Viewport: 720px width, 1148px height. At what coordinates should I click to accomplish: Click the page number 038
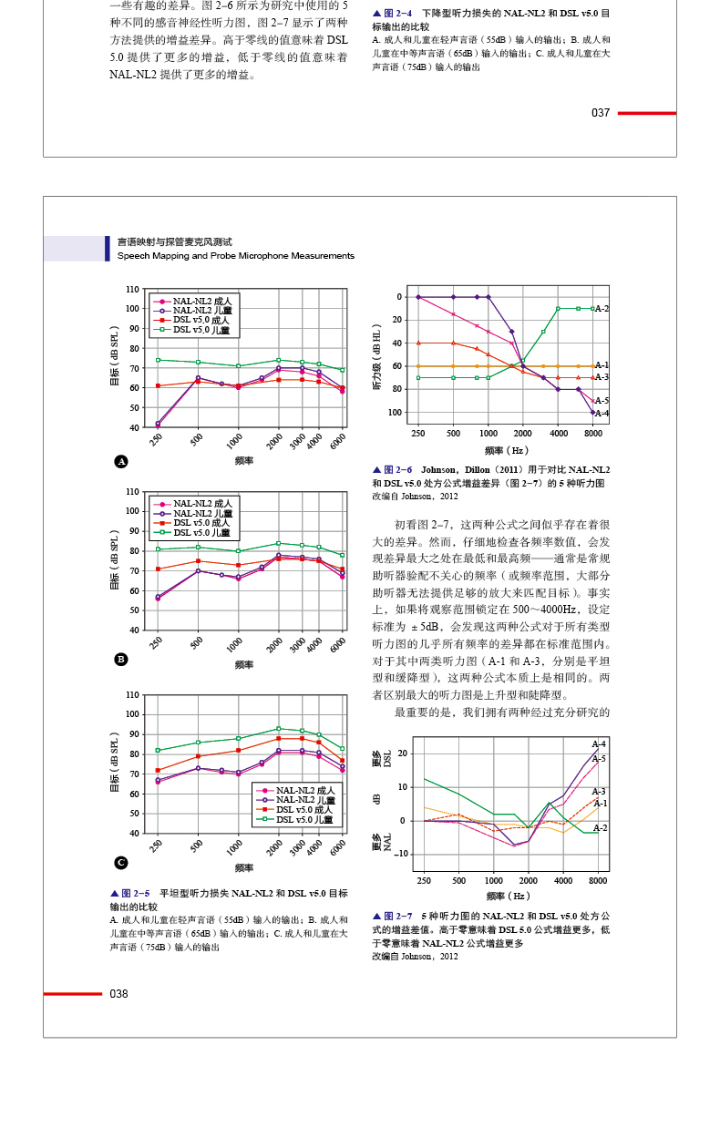pyautogui.click(x=118, y=994)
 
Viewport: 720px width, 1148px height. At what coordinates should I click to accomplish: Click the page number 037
pyautogui.click(x=601, y=113)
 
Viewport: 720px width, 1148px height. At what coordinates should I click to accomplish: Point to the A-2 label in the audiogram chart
pyautogui.click(x=602, y=309)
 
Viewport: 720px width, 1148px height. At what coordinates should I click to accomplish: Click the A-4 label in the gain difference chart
pyautogui.click(x=599, y=744)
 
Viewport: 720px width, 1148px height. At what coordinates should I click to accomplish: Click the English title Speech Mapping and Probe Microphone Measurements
pyautogui.click(x=235, y=256)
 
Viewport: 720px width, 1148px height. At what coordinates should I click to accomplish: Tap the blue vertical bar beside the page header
pyautogui.click(x=107, y=248)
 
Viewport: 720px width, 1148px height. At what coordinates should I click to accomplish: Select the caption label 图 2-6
pyautogui.click(x=397, y=470)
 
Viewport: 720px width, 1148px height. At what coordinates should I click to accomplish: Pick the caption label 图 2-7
pyautogui.click(x=397, y=916)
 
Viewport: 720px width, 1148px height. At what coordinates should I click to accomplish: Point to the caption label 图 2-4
pyautogui.click(x=397, y=14)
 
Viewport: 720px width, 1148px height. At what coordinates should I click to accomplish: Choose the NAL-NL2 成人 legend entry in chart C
pyautogui.click(x=304, y=790)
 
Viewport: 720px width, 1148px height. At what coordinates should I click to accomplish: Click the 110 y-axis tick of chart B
pyautogui.click(x=132, y=491)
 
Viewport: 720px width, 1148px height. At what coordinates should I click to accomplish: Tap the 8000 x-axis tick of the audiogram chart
pyautogui.click(x=593, y=434)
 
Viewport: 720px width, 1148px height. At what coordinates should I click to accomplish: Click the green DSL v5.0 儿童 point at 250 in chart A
pyautogui.click(x=158, y=360)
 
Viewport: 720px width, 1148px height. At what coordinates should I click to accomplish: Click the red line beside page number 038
pyautogui.click(x=73, y=994)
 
